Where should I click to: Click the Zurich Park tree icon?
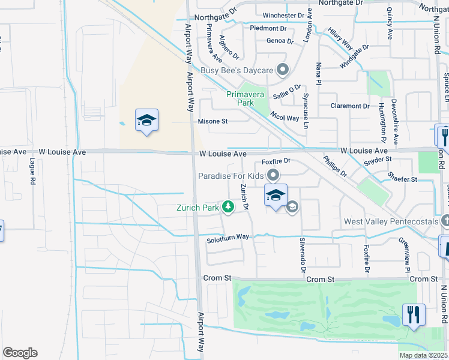tap(228, 208)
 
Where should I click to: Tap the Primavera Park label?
tap(249, 98)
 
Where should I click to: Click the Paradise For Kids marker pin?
tap(273, 176)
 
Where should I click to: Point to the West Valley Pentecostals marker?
tap(445, 221)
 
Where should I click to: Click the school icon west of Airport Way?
tap(146, 121)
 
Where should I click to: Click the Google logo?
tap(20, 353)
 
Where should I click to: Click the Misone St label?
tap(213, 121)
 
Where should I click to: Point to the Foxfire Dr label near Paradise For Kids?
tap(276, 161)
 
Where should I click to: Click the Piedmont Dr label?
tap(268, 28)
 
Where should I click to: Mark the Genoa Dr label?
tap(280, 41)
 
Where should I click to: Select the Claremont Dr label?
tap(350, 106)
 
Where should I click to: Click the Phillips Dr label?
tap(335, 166)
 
